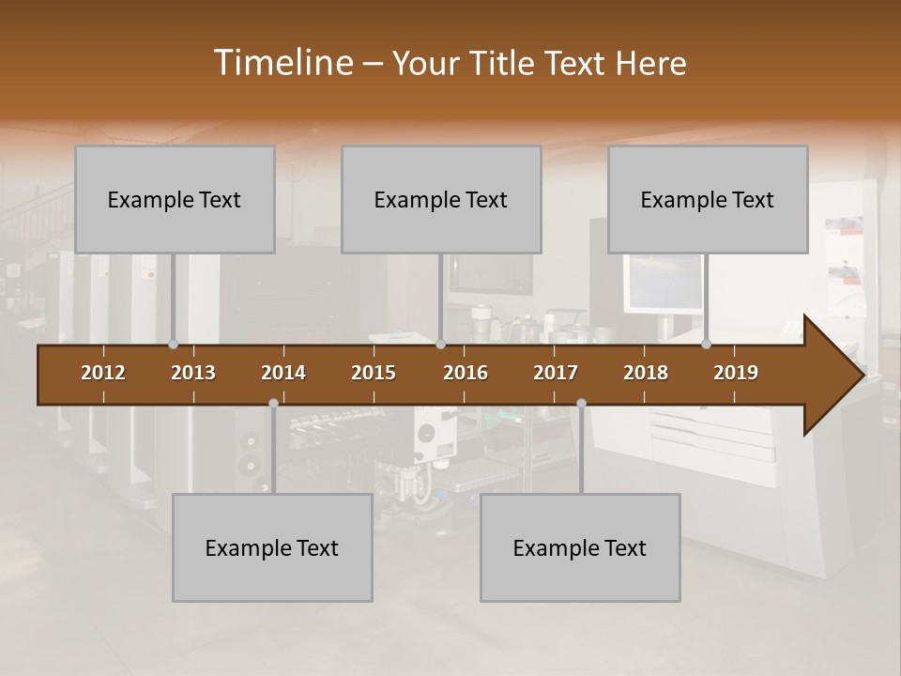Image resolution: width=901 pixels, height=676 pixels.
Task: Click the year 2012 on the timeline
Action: tap(103, 373)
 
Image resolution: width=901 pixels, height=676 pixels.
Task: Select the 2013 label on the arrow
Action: tap(193, 373)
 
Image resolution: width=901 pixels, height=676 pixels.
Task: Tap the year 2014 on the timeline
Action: tap(283, 373)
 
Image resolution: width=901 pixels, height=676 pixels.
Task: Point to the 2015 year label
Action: tap(374, 373)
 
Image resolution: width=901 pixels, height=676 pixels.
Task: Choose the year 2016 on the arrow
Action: tap(466, 373)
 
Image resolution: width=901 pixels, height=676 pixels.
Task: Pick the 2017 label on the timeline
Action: tap(556, 373)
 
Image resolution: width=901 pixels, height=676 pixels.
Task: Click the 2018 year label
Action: tap(646, 373)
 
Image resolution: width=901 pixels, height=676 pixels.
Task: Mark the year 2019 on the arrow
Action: tap(736, 373)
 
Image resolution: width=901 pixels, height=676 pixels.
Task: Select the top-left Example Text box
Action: tap(175, 200)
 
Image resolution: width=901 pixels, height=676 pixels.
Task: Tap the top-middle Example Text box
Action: tap(441, 200)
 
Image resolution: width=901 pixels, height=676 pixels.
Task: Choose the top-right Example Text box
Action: tap(708, 200)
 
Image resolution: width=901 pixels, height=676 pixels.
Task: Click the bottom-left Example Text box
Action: tap(272, 548)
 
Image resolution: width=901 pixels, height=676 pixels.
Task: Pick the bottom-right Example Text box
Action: tap(580, 548)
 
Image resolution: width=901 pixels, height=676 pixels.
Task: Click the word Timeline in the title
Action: tap(283, 63)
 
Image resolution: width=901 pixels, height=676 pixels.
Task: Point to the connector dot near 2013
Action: tap(173, 344)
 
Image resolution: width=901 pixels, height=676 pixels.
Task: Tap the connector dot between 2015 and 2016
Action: tap(441, 344)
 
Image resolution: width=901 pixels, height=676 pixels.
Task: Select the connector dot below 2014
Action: tap(273, 403)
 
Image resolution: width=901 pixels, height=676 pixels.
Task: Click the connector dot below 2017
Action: tap(581, 403)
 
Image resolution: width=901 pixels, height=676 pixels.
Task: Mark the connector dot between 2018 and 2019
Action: tap(706, 344)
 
